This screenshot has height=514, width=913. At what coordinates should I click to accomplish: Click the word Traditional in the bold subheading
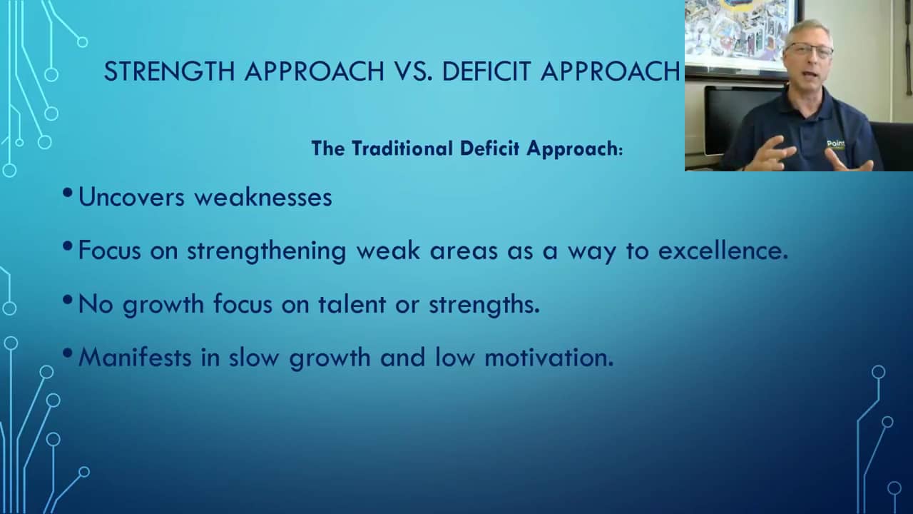(402, 148)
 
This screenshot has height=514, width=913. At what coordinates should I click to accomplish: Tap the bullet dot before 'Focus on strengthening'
(68, 247)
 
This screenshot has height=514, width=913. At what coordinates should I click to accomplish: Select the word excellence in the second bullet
(722, 251)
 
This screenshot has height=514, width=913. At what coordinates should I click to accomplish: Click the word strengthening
(266, 251)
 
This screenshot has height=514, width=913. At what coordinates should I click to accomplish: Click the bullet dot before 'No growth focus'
(68, 301)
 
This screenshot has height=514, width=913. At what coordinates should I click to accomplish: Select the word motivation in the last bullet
(549, 357)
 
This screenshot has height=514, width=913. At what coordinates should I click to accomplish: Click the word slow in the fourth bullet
(255, 357)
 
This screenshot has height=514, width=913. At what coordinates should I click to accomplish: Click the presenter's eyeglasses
(809, 51)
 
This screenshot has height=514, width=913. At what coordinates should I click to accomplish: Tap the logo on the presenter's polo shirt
(835, 144)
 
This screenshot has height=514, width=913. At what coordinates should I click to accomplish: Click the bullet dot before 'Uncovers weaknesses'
(68, 193)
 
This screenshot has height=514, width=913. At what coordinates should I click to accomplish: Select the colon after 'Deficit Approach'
(621, 150)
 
